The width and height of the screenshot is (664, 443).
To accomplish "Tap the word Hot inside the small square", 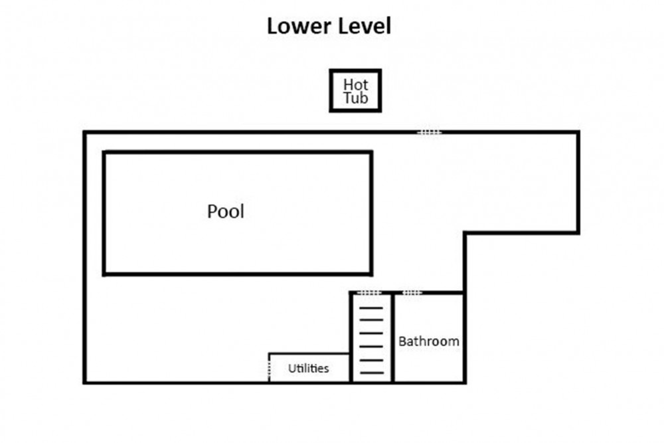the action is click(355, 84).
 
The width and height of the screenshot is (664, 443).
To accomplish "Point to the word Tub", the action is click(355, 98).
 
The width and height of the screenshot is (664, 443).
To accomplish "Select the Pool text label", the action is click(226, 211).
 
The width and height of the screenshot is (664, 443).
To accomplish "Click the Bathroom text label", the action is click(428, 341).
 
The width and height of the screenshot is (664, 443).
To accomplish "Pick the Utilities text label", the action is click(308, 369).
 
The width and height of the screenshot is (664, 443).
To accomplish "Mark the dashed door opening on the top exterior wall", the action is click(430, 133).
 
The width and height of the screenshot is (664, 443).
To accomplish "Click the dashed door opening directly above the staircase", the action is click(369, 293).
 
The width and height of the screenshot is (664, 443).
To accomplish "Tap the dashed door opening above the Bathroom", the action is click(412, 293).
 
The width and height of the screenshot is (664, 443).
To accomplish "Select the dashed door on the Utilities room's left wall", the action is click(269, 367).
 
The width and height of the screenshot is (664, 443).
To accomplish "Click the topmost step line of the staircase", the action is click(371, 308).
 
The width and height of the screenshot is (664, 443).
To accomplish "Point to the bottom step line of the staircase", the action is click(371, 373).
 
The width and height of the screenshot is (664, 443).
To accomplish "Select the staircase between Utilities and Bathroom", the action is click(371, 339).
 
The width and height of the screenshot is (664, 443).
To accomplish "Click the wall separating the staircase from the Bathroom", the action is click(393, 337).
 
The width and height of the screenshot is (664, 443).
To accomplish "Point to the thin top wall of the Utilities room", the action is click(309, 353).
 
